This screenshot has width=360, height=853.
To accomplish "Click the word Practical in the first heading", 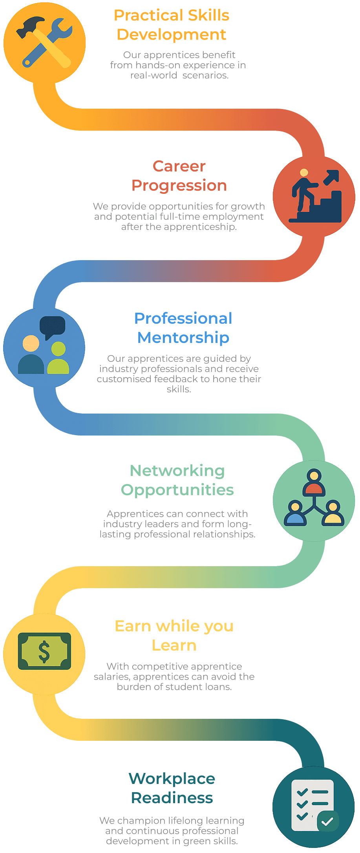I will click(148, 16).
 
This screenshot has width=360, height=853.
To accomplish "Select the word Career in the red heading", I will click(179, 166).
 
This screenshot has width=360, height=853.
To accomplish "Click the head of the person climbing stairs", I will click(303, 173).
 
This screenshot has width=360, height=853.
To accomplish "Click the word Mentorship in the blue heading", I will click(183, 337).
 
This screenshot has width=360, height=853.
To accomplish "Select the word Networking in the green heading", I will click(177, 470).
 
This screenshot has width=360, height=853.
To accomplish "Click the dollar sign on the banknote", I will click(44, 652).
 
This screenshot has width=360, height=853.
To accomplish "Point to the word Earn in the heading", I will click(132, 626).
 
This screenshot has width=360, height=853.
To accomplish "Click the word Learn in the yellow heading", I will click(174, 645).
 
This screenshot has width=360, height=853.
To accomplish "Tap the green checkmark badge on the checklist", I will click(327, 821).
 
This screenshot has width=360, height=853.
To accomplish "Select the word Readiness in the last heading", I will click(172, 798).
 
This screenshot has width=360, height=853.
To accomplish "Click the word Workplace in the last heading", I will click(172, 778).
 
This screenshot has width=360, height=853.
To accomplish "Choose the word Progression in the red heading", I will click(179, 185).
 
